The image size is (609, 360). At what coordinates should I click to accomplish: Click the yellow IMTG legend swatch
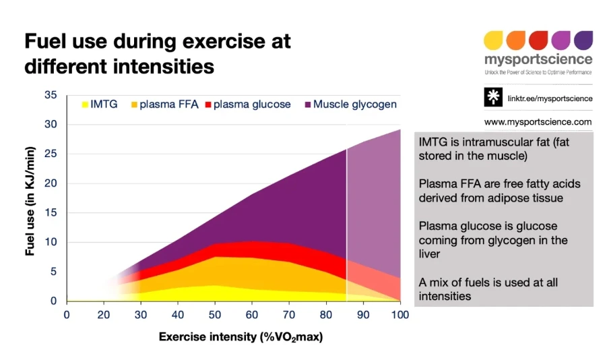86,104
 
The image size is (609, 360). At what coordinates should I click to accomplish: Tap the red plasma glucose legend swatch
208,104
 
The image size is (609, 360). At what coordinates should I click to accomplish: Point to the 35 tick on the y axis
51,95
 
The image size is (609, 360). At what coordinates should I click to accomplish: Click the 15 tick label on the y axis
51,213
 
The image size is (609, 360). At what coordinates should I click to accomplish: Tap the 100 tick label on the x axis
400,315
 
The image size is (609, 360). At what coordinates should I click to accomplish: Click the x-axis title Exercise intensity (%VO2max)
241,336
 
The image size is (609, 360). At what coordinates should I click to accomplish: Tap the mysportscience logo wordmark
538,60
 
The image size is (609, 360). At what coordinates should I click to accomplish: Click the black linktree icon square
493,98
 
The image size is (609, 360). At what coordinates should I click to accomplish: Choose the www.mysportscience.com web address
538,122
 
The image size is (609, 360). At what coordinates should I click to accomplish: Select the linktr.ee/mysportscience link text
549,98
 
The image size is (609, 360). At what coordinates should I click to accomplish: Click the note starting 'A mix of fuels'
488,289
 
